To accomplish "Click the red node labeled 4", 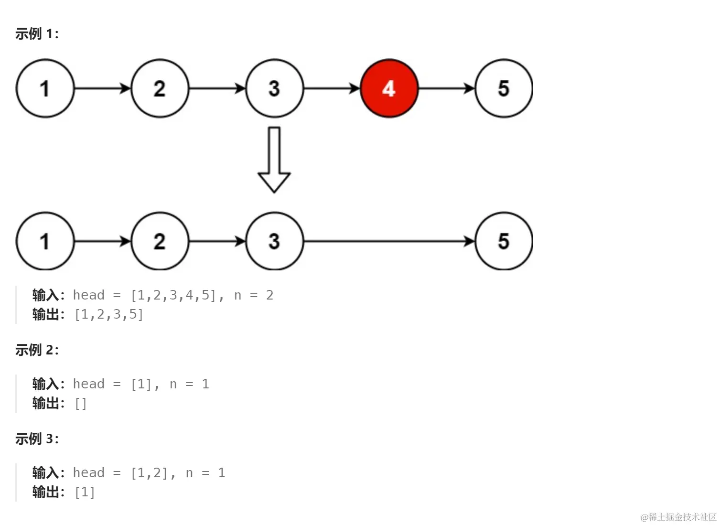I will pos(389,88).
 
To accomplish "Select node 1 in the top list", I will pos(45,88).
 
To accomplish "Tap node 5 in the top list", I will pos(504,88).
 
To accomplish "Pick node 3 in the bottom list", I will pos(274,241).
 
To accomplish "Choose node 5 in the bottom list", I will pos(504,241).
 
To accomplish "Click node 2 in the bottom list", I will pos(160,241).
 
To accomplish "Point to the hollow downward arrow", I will pos(274,160).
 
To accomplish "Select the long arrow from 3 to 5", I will pos(389,241).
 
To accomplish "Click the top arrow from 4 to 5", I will pos(446,88).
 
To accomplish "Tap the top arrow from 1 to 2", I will pos(102,88).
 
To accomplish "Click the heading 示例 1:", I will pos(37,34).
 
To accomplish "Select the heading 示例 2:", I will pos(37,350).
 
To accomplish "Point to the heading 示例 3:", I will pos(37,439).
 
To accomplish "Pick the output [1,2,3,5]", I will pos(109,315).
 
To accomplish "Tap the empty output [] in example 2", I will pos(81,404).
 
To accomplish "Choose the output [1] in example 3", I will pos(85,493).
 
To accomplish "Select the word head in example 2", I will pos(89,384).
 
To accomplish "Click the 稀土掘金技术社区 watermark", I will pos(678,517).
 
